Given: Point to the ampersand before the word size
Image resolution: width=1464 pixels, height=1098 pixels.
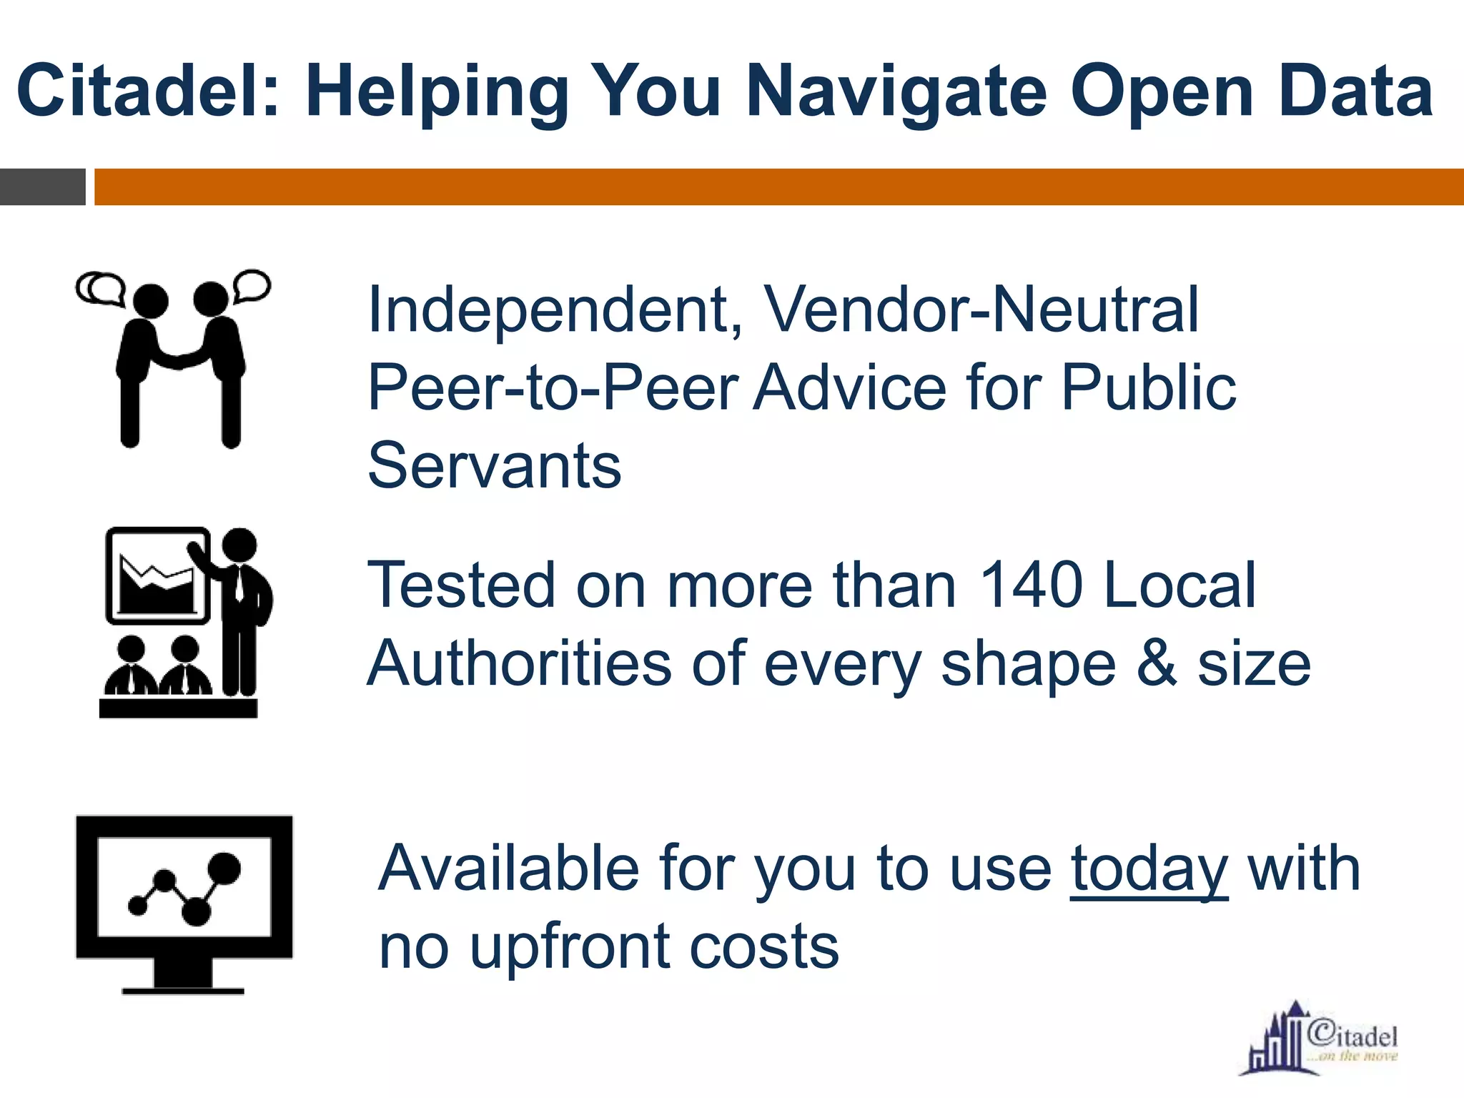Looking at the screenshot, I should click(1156, 663).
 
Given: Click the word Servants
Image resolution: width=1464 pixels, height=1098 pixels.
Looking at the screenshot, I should click(494, 465).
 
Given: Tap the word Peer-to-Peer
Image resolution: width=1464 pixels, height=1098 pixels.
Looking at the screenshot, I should click(553, 387).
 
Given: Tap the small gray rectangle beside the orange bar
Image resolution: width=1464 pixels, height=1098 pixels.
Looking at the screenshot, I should click(42, 187).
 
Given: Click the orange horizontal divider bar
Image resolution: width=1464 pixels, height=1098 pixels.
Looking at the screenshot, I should click(778, 187).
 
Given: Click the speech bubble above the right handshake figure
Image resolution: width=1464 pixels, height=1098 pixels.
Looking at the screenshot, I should click(252, 285).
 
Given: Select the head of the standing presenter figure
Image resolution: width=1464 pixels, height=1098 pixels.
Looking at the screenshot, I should click(239, 545).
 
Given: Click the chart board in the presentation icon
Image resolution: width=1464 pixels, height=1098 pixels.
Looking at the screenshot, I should click(157, 576).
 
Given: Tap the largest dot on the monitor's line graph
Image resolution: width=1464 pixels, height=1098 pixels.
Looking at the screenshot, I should click(224, 868).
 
